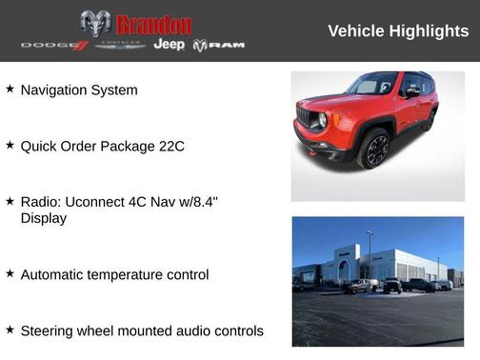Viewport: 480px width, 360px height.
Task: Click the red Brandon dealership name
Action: coord(153,24)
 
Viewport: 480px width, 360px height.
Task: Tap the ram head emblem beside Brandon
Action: coord(95,24)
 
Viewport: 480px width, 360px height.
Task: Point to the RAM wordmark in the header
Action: coord(219,46)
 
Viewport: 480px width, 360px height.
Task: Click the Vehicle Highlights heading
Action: coord(398,31)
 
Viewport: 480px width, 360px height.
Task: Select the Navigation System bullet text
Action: coord(79,90)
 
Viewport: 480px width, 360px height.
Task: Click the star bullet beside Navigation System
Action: coord(10,89)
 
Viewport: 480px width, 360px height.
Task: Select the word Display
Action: coord(47,218)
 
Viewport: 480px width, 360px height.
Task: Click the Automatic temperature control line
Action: coord(114,274)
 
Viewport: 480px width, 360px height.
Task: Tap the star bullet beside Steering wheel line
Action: coord(10,330)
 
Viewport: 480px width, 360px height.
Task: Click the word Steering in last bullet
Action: coord(50,330)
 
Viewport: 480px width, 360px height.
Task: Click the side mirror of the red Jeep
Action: coord(410,92)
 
